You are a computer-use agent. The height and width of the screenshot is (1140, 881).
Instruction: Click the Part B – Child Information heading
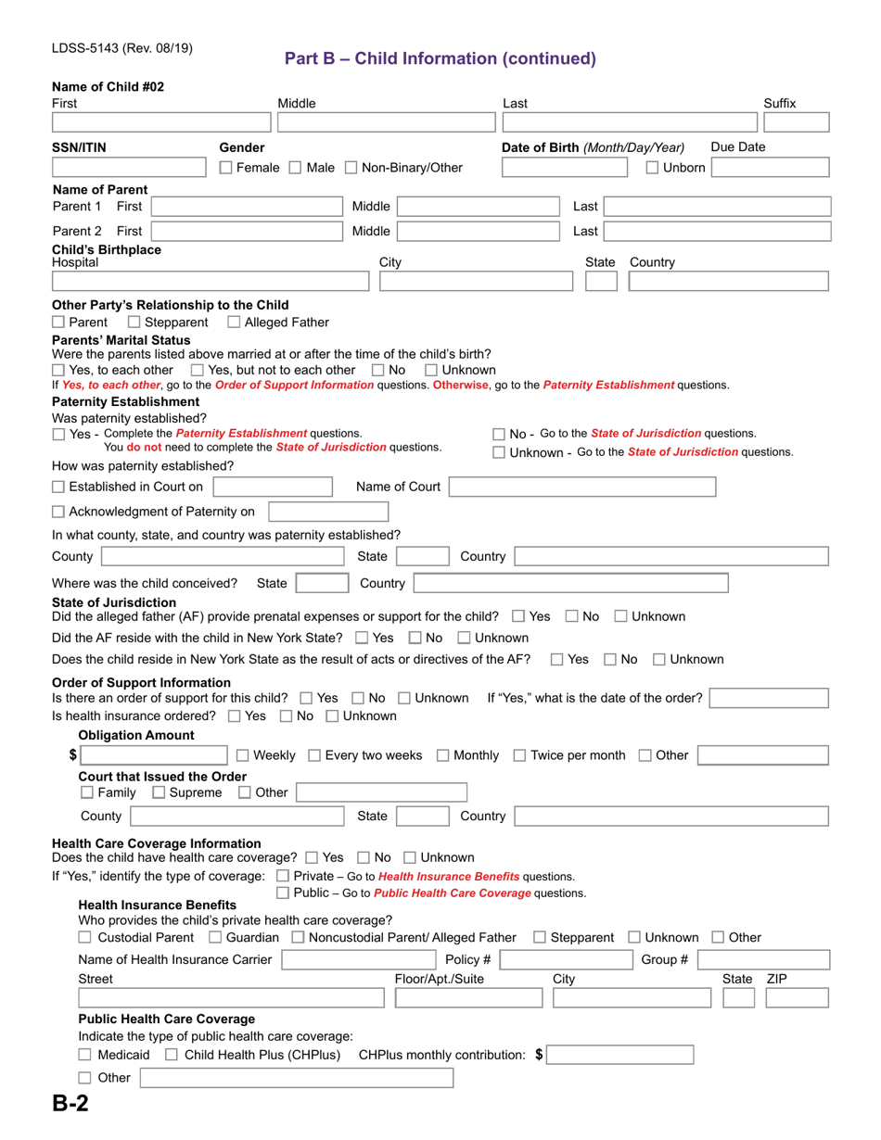(x=440, y=58)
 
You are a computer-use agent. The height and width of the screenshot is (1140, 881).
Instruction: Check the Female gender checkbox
(x=226, y=168)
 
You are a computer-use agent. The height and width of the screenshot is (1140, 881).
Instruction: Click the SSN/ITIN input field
(x=130, y=168)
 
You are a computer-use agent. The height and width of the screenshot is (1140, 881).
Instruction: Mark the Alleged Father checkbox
(x=235, y=323)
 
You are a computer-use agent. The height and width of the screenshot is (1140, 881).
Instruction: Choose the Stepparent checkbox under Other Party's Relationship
(x=134, y=323)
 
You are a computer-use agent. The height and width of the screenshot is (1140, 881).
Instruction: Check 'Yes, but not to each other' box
(x=210, y=370)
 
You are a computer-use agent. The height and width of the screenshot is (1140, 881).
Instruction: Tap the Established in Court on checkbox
(x=59, y=487)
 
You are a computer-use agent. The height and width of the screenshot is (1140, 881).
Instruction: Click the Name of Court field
(x=582, y=487)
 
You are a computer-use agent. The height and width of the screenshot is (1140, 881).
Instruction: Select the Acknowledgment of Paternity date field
(x=328, y=512)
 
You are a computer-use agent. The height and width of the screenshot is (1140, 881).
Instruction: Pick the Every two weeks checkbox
(x=314, y=755)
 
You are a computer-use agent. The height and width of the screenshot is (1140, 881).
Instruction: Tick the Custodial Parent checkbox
(x=86, y=938)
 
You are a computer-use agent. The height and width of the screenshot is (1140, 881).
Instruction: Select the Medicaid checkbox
(x=86, y=1055)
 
